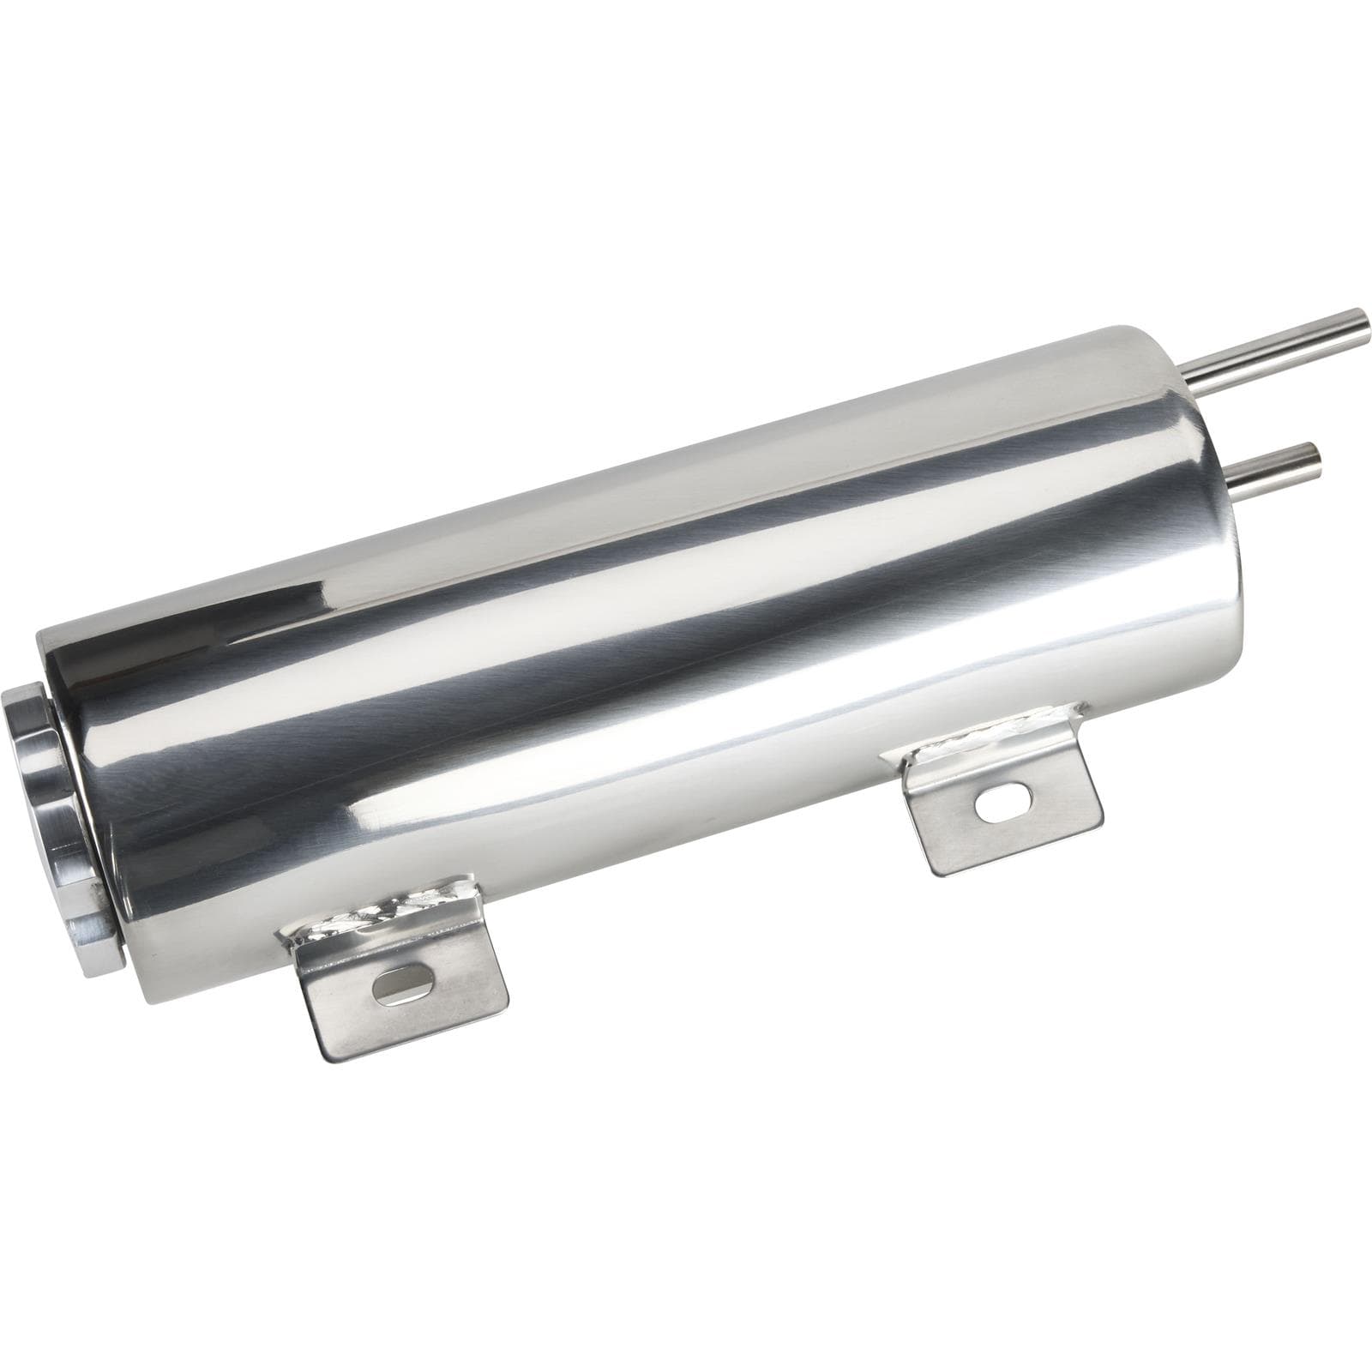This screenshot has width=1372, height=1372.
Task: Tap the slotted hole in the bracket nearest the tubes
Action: (995, 806)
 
